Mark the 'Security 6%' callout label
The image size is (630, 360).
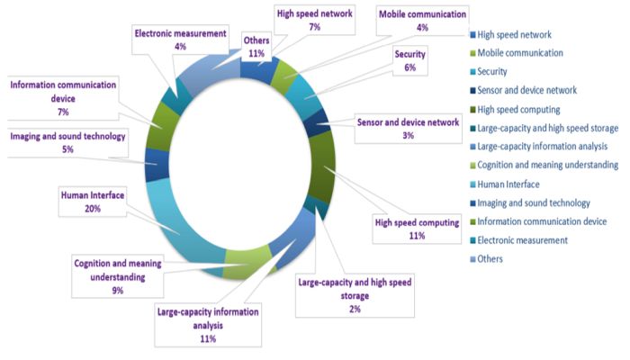click(x=409, y=60)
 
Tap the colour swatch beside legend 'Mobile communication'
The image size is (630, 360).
click(x=473, y=53)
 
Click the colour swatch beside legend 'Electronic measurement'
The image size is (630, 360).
click(x=473, y=240)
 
